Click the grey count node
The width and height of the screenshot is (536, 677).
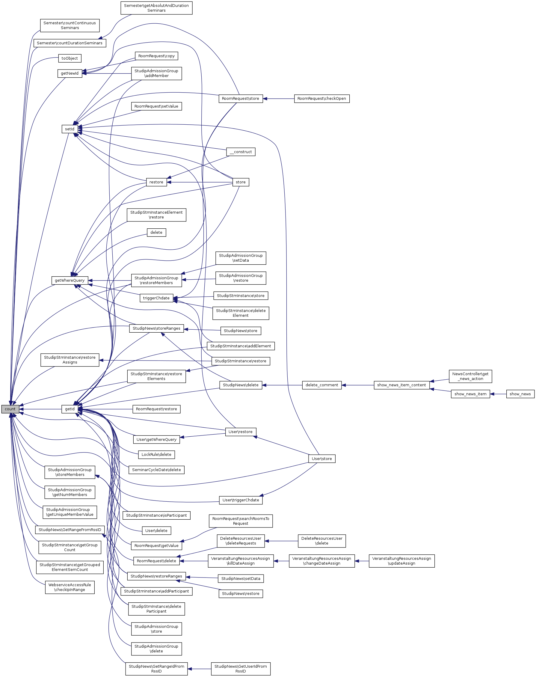10,409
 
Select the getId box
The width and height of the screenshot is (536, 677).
70,409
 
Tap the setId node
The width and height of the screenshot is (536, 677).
70,129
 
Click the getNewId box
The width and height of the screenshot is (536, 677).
70,73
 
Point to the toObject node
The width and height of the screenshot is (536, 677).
70,58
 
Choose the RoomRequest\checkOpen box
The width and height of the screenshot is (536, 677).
322,99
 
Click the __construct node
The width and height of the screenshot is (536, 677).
241,152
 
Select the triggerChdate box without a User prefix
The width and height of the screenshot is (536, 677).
156,298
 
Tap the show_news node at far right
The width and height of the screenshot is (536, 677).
520,394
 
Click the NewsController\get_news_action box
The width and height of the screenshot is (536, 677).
470,376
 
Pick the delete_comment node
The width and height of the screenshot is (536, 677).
322,385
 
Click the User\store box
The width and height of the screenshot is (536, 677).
322,459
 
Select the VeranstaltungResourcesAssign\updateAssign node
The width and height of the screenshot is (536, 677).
402,561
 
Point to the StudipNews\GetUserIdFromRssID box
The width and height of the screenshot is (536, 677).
241,669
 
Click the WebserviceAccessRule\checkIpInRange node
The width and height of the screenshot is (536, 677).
70,587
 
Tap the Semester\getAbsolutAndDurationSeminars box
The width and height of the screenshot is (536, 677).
156,8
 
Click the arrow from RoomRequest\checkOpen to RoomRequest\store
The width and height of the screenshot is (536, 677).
279,99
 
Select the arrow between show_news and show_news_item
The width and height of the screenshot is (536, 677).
498,394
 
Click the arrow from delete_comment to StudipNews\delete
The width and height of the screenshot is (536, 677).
282,385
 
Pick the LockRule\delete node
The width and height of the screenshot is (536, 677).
156,454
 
